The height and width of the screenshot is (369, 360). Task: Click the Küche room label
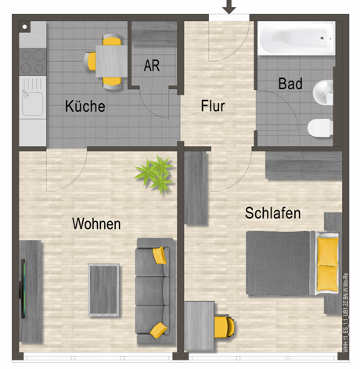tap(85, 106)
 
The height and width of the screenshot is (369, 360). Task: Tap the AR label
tap(152, 66)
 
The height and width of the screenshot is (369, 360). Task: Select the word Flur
tap(213, 106)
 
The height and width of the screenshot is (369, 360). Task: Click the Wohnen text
tap(96, 224)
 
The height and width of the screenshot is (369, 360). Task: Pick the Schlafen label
tap(272, 213)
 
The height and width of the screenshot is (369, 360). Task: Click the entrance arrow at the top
tap(229, 7)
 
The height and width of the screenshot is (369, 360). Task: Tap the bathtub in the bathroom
tap(295, 39)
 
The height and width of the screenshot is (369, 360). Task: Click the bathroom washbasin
tap(323, 92)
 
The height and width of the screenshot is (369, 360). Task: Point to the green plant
tap(155, 174)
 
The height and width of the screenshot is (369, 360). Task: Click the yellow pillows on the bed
tap(327, 263)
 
